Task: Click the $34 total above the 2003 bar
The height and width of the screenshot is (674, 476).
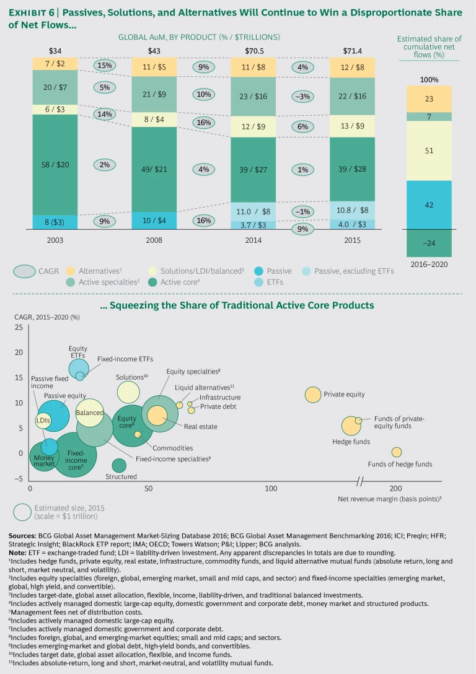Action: [55, 50]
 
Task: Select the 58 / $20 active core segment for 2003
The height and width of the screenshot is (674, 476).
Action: [55, 164]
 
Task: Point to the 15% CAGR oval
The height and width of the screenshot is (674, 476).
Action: [105, 65]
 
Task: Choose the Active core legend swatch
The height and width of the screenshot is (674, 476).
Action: [153, 282]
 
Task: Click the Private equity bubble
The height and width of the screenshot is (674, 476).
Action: [313, 394]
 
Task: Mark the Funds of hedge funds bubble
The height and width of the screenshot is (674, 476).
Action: [397, 452]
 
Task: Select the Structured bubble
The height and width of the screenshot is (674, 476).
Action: [118, 465]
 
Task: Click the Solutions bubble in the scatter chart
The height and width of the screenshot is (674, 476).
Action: [128, 392]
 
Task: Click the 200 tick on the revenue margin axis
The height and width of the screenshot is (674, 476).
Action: [395, 489]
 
